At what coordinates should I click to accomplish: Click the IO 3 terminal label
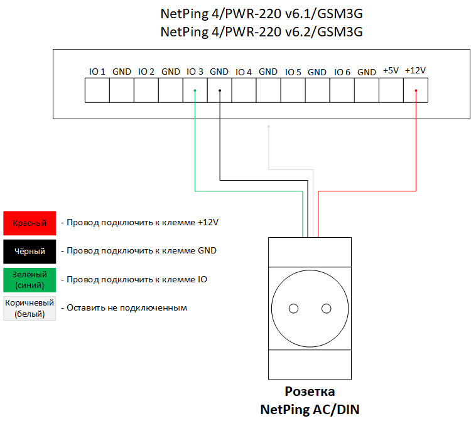point(195,72)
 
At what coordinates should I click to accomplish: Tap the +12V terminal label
point(415,71)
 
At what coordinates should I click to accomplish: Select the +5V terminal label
point(391,71)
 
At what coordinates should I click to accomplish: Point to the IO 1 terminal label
point(97,72)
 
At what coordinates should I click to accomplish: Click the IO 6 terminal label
point(342,72)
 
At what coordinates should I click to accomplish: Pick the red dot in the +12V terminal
point(415,90)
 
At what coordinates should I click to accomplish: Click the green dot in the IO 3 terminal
point(195,90)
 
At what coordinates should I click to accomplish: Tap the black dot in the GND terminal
point(219,90)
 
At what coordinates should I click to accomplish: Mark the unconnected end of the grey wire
point(269,127)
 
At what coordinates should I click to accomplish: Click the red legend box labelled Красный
point(30,223)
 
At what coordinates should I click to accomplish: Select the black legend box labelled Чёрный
point(30,252)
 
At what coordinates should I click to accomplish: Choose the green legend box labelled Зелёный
point(30,279)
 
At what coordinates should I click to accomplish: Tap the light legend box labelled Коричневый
point(30,308)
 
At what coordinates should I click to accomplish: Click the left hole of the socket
point(293,308)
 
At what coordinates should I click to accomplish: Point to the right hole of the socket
point(326,308)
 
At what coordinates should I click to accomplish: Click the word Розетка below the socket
point(310,392)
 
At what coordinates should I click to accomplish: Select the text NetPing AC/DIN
point(310,410)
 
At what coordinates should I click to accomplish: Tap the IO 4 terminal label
point(244,72)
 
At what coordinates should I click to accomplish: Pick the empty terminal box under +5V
point(391,90)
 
